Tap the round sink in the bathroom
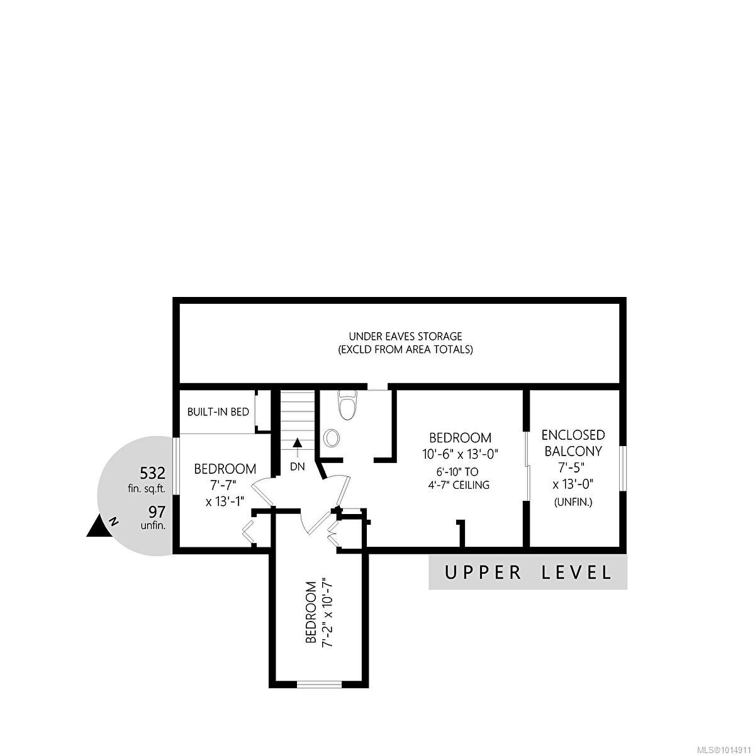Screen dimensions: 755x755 coord(332,438)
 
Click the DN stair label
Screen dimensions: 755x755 coord(297,467)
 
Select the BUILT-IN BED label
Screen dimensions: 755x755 coord(218,412)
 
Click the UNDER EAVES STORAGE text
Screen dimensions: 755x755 coord(405,337)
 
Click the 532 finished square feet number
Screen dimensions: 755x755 coord(152,473)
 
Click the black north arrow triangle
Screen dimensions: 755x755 coord(98,527)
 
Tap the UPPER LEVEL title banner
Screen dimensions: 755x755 coord(528,573)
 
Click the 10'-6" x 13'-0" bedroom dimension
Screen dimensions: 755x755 coord(460,453)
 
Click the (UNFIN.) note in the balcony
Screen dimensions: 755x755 coord(573,502)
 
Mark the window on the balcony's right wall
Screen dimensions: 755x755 coord(622,468)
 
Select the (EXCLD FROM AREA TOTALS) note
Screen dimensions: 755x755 coord(405,349)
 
